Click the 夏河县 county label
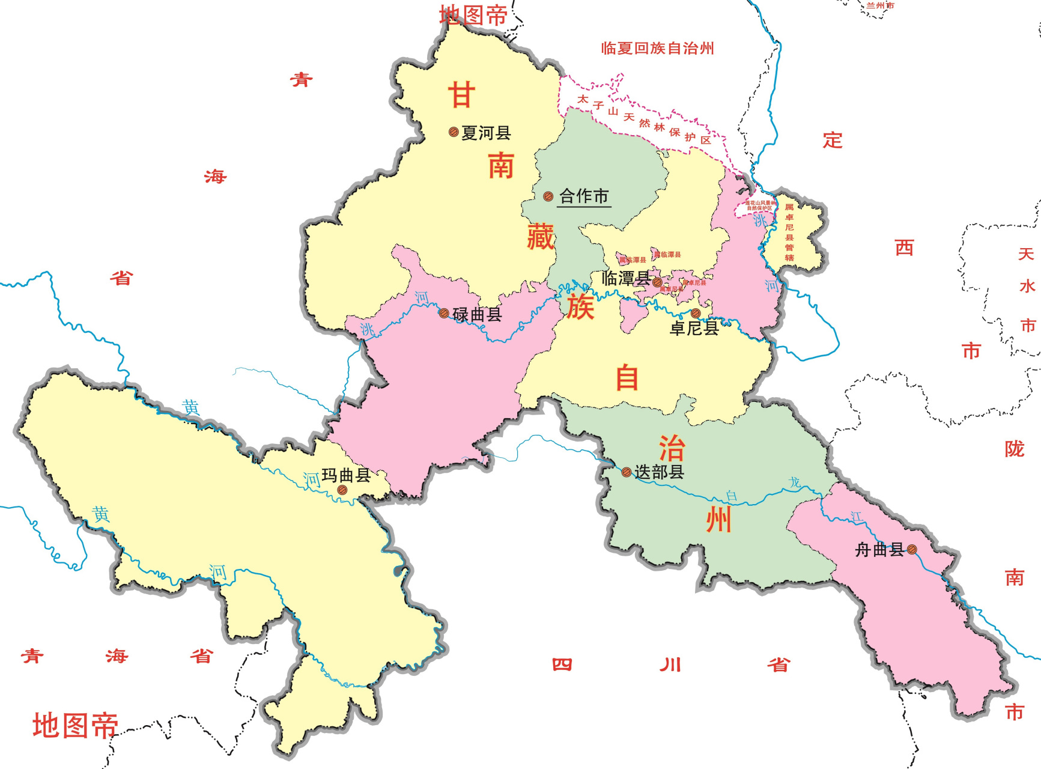[x=486, y=133]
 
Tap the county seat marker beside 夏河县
[x=454, y=132]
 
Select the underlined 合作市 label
[x=584, y=196]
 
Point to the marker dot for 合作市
[x=548, y=196]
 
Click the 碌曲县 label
[x=477, y=314]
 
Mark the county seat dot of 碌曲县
[x=444, y=313]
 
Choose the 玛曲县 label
[x=346, y=475]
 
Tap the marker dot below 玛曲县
[x=342, y=490]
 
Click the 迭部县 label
[x=659, y=472]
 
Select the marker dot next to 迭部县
[x=626, y=472]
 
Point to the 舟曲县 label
[x=879, y=550]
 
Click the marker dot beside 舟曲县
[x=912, y=549]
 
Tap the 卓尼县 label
[x=694, y=328]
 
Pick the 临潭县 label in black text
[x=625, y=278]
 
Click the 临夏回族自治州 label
[x=657, y=49]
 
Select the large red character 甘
[x=461, y=95]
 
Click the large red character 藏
[x=540, y=236]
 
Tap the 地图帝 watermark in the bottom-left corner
[x=75, y=726]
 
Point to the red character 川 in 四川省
[x=670, y=664]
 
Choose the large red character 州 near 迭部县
[x=718, y=520]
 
